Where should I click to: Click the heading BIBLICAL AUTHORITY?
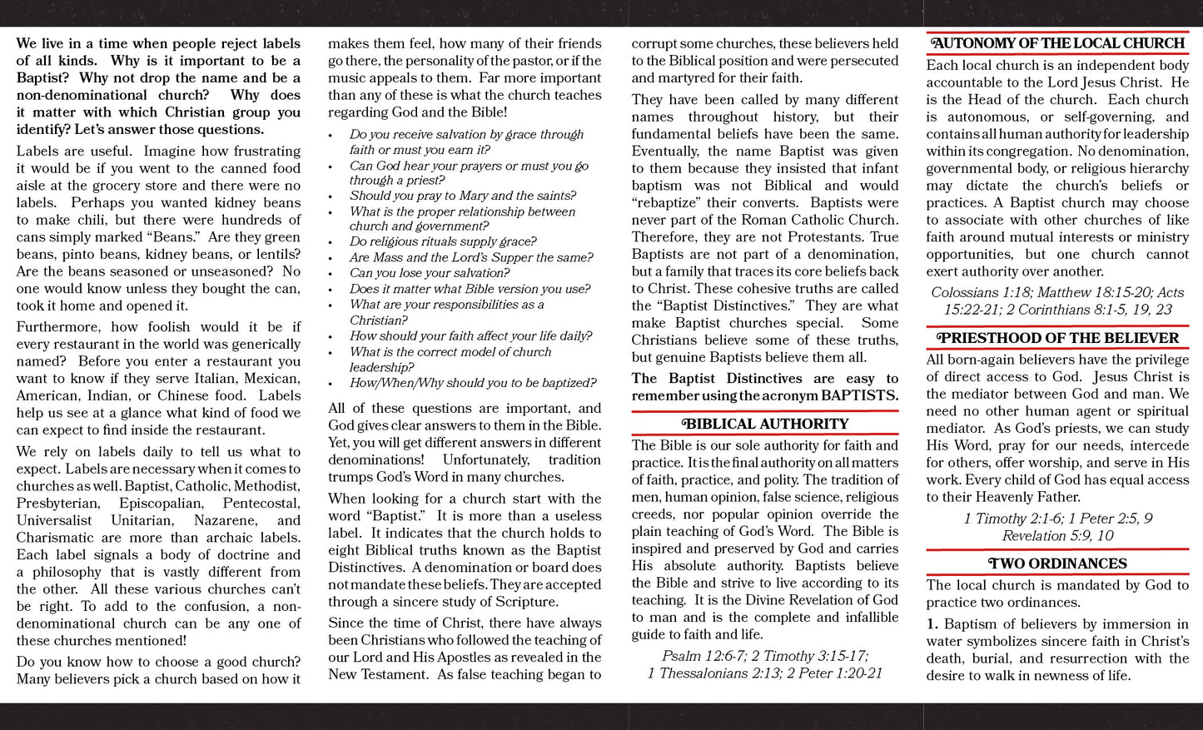pos(764,424)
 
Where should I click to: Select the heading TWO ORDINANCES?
pos(1057,564)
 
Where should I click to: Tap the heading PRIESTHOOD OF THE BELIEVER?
pos(1057,338)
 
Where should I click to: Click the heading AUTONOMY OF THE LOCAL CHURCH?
pos(1057,43)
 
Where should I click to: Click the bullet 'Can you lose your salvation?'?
pos(429,273)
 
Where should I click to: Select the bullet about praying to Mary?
pos(462,196)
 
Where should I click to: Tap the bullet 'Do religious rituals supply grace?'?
pos(442,241)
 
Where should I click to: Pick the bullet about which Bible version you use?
pos(470,289)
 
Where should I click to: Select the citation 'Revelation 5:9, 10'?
pos(1057,536)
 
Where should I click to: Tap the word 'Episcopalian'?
pos(160,504)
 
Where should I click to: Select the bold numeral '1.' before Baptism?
pos(932,624)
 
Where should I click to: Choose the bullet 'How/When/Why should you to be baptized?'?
pos(472,383)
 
